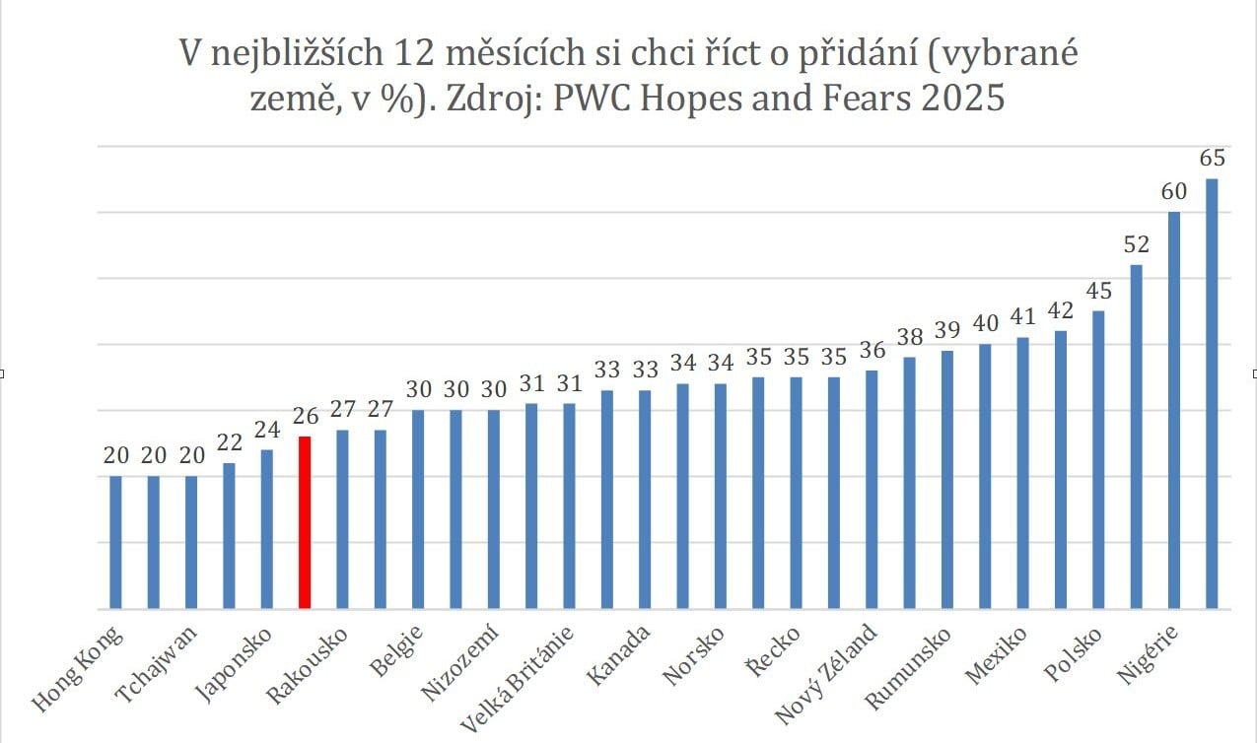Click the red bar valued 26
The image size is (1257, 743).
pos(305,522)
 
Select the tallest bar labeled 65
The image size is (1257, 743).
pos(1212,394)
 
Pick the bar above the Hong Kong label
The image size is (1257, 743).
pos(115,542)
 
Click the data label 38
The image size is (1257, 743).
pos(909,336)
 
